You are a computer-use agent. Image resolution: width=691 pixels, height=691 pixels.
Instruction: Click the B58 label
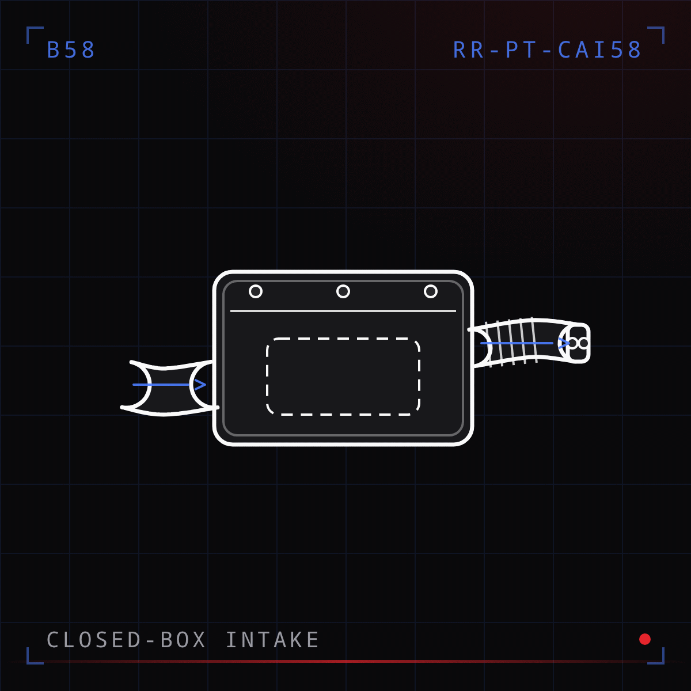click(x=71, y=50)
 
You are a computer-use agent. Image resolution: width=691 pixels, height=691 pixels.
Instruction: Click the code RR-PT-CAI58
click(x=547, y=50)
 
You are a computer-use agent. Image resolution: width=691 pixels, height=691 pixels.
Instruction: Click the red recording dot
click(x=645, y=639)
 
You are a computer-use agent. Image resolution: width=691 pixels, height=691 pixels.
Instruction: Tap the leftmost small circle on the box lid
click(x=256, y=291)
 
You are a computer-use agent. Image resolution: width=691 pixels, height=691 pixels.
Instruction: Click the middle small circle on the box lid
click(x=343, y=291)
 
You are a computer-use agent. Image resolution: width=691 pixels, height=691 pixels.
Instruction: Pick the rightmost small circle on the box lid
click(x=431, y=291)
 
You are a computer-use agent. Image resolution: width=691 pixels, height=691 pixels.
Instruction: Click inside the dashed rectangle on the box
click(x=343, y=377)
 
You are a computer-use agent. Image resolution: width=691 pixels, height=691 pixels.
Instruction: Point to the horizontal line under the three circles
click(x=343, y=311)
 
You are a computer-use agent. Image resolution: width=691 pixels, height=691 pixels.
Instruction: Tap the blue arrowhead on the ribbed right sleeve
click(x=564, y=343)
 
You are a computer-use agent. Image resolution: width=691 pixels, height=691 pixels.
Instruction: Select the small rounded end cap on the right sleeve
click(x=579, y=343)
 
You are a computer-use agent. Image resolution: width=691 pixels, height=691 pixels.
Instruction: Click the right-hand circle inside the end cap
click(x=584, y=343)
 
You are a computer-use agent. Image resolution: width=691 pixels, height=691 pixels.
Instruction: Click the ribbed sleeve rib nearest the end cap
click(x=534, y=340)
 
